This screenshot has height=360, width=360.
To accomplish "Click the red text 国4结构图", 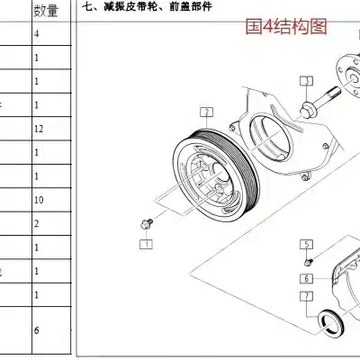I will point(287,26).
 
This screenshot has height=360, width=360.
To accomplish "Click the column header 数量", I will point(47,10).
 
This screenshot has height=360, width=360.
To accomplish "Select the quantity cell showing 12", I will point(38,129).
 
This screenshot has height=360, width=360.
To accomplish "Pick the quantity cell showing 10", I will point(38,199).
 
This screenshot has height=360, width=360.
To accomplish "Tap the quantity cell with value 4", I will point(37,34).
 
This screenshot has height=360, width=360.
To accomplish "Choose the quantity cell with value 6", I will point(37,330).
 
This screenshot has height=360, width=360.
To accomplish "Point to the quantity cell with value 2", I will point(37,223).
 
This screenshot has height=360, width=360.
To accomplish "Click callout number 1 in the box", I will point(145,243).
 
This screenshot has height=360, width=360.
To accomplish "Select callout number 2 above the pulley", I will point(206,112).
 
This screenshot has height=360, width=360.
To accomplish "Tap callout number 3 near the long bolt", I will point(307,81).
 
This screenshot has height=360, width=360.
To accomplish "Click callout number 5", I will point(306,244).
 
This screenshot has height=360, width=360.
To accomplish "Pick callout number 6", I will point(306,278).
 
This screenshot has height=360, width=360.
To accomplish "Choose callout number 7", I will point(306,295).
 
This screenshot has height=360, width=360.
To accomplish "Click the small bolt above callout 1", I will point(148,220).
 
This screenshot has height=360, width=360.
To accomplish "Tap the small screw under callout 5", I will point(307,261).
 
